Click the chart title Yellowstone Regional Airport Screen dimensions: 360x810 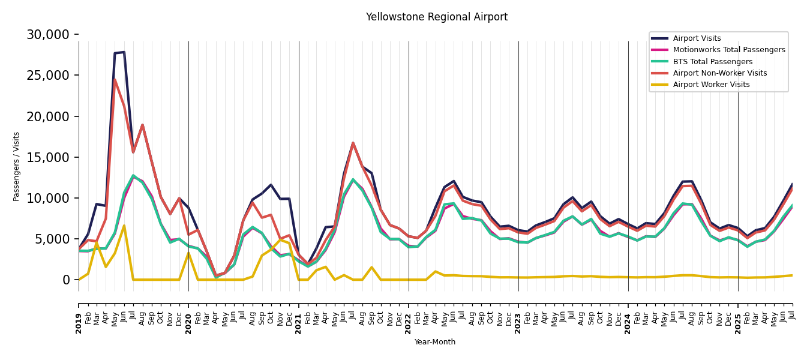click(x=437, y=17)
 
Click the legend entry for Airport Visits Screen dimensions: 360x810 click(x=697, y=38)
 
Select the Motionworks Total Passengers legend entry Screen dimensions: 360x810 click(x=728, y=50)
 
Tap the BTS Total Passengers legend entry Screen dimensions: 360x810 click(x=712, y=62)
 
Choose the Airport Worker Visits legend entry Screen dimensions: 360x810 click(x=711, y=85)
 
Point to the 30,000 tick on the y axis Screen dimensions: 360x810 click(x=48, y=35)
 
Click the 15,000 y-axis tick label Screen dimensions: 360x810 click(x=48, y=157)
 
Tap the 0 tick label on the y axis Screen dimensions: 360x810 click(x=66, y=280)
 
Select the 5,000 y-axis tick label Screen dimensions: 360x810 click(x=52, y=239)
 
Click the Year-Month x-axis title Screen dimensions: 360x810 click(x=435, y=342)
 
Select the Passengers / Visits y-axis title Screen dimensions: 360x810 click(x=17, y=166)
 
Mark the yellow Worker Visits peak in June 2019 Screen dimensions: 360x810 click(x=124, y=226)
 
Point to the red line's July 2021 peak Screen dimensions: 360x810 click(x=353, y=143)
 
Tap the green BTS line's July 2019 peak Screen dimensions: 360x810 click(x=133, y=175)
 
